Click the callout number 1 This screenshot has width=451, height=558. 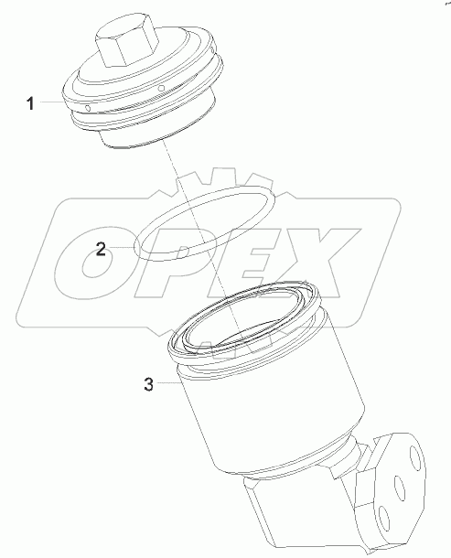[30, 104]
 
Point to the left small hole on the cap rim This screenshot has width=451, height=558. [86, 110]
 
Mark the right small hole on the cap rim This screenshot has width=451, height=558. [161, 89]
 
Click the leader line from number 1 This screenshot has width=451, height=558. [52, 104]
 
